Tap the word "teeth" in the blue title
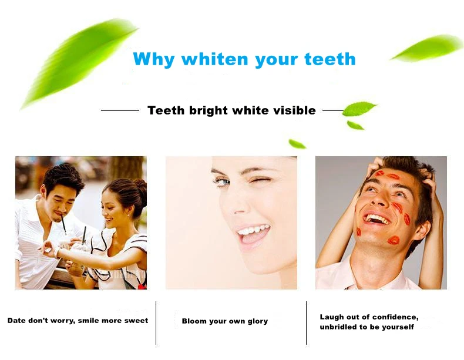[x=329, y=59]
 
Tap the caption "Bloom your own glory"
[x=224, y=321]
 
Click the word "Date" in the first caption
[x=17, y=321]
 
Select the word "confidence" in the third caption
[x=394, y=317]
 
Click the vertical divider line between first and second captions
[x=156, y=322]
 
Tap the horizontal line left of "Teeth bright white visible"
[x=120, y=110]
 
